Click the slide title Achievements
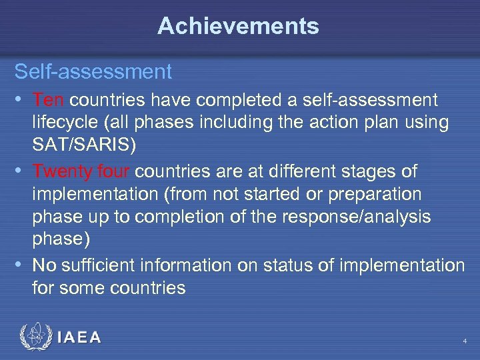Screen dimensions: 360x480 239,27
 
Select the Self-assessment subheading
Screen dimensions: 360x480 93,71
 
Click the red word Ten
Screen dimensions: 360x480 48,101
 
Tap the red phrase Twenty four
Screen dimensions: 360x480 83,171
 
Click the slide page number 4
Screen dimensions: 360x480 464,341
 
